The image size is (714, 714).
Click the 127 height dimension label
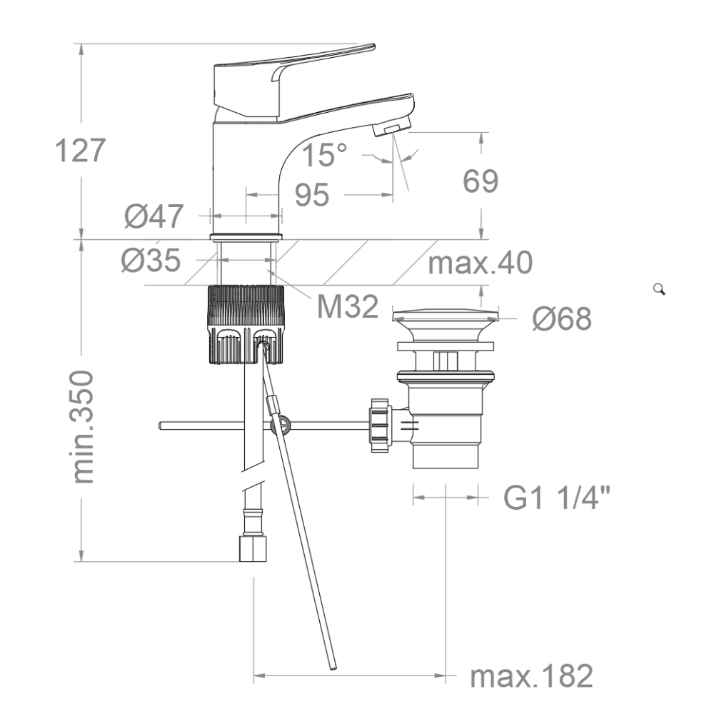(80, 150)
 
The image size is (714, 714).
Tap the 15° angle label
(324, 154)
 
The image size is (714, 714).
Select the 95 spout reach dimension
(312, 195)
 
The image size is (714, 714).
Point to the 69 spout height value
(481, 181)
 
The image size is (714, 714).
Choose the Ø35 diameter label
(151, 261)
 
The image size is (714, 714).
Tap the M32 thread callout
(348, 306)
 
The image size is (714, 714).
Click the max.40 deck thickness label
(481, 263)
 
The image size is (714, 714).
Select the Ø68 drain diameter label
(562, 318)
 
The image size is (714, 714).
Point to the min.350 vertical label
(83, 427)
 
